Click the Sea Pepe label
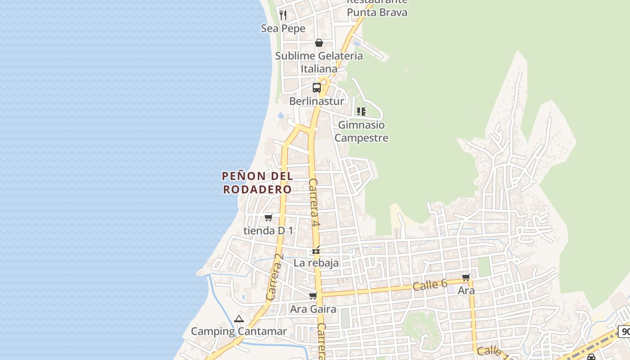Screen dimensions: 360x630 [x=283, y=29]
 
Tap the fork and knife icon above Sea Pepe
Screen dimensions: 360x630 [x=283, y=15]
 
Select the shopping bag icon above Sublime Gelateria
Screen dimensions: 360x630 [x=319, y=43]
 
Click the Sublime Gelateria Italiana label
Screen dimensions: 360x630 [x=319, y=63]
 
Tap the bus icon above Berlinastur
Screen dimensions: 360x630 [x=317, y=88]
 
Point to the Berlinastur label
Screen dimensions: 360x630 [x=316, y=101]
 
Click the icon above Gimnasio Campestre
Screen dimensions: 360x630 [x=361, y=111]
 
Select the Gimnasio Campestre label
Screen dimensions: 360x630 [x=361, y=131]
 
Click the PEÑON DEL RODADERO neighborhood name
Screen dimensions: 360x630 [x=258, y=183]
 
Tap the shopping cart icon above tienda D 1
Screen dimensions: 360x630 [x=269, y=218]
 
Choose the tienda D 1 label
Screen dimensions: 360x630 [x=268, y=231]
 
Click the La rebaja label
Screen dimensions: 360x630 [x=316, y=263]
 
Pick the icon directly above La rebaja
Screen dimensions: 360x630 [x=316, y=250]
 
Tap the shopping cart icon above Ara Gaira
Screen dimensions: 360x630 [x=313, y=296]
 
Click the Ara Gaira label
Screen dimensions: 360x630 [x=313, y=309]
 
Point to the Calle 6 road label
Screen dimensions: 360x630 [x=430, y=284]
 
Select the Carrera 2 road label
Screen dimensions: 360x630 [x=274, y=277]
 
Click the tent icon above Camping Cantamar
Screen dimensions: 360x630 [x=238, y=319]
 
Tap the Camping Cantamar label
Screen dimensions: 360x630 [x=238, y=332]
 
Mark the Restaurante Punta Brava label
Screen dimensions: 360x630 [x=377, y=8]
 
